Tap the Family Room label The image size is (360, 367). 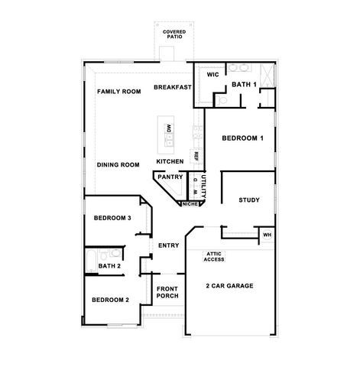pos(119,92)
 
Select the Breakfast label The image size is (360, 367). pos(172,87)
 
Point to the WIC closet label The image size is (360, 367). pos(213,75)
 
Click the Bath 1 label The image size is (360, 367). pos(245,84)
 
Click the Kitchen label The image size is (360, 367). pos(170,162)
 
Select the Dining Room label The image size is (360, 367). pos(118,164)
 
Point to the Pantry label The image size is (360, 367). pos(170,177)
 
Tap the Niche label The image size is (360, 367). pos(190,203)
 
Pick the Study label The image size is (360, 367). pos(249,200)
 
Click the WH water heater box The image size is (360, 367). pos(267,235)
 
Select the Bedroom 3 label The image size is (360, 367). pos(113,218)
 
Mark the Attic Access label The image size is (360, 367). pos(214,258)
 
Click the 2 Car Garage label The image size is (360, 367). pos(230,286)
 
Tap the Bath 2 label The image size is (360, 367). pos(109,266)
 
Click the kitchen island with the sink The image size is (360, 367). pos(169,133)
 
